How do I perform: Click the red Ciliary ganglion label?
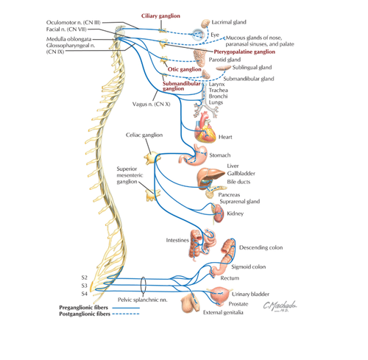pos(160,16)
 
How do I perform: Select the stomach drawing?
pos(194,155)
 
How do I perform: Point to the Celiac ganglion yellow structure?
pos(152,158)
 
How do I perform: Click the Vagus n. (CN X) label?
pos(151,104)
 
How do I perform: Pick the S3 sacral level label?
pos(85,286)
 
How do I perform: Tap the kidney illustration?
pos(219,213)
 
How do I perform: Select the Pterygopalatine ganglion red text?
pos(244,52)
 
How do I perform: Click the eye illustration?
pos(198,35)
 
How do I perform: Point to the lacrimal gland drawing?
pos(205,24)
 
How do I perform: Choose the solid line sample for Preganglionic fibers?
pos(126,308)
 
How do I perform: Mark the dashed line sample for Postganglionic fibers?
pos(126,314)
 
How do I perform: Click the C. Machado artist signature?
pos(280,306)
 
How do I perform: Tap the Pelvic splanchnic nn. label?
pos(142,300)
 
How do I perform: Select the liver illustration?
pos(210,176)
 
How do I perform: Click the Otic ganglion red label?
pos(185,69)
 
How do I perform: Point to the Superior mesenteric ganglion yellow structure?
pos(152,194)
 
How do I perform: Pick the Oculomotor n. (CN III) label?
pos(74,23)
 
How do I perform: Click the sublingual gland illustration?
pos(223,68)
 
